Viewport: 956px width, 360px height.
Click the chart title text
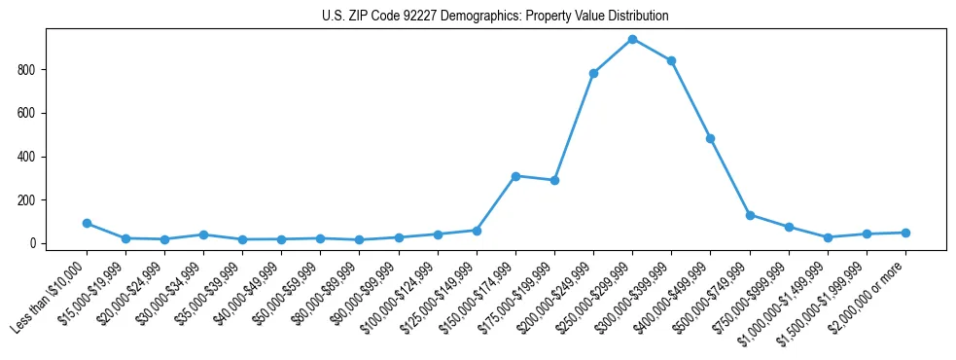pos(495,17)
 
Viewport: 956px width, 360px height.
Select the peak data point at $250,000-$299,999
pos(632,39)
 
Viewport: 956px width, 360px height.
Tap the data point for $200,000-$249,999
pos(593,73)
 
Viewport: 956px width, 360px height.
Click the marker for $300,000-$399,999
pos(671,60)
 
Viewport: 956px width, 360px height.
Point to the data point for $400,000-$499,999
pos(710,138)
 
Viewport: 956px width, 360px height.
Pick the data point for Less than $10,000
pos(87,223)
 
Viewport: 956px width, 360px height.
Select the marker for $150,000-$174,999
pos(515,176)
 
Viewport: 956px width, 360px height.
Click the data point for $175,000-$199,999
pos(554,180)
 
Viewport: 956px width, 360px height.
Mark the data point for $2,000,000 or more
pos(905,233)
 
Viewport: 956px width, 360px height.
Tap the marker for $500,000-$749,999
pos(750,215)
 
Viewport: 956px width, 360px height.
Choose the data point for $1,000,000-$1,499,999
pos(828,237)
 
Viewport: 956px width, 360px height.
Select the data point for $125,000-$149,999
pos(477,231)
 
